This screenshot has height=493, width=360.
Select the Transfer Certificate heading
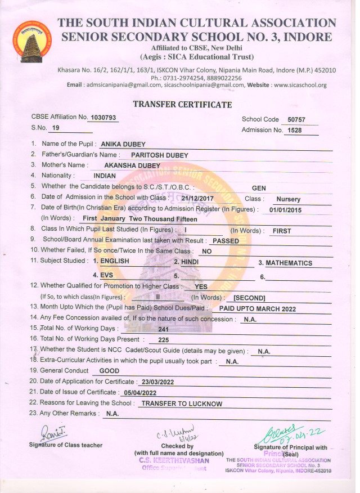[182, 105]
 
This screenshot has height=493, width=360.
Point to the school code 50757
[295, 120]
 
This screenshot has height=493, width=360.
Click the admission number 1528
[295, 131]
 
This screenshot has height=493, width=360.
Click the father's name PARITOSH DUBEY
[159, 155]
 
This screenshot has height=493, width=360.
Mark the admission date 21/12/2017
[199, 199]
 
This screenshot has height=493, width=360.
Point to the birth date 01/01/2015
[285, 210]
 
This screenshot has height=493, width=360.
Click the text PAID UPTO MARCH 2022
[257, 309]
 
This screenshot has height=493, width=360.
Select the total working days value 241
[164, 330]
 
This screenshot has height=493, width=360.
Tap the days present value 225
[164, 340]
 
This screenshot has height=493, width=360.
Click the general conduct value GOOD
[109, 371]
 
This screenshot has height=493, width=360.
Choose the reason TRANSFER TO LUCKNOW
[182, 404]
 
